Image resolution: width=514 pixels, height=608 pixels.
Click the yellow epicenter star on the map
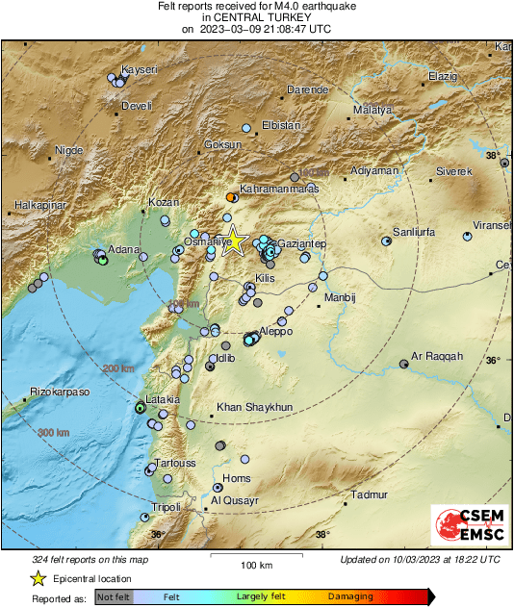(x=235, y=241)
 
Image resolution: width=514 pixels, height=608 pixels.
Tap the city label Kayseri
(x=139, y=70)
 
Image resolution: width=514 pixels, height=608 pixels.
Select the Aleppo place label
(x=276, y=331)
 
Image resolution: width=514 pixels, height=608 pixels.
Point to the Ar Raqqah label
(x=437, y=356)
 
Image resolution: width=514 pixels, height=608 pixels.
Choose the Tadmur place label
(x=370, y=495)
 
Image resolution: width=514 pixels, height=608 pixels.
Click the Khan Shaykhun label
(x=254, y=407)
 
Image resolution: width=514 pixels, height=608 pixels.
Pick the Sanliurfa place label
(x=416, y=233)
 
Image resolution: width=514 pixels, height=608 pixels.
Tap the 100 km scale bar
(x=255, y=558)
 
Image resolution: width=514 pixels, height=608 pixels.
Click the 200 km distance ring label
(x=119, y=368)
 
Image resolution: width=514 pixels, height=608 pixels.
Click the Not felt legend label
(x=114, y=597)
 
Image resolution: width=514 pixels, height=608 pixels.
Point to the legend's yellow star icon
(x=38, y=579)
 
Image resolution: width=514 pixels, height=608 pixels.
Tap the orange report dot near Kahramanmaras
(x=230, y=196)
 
